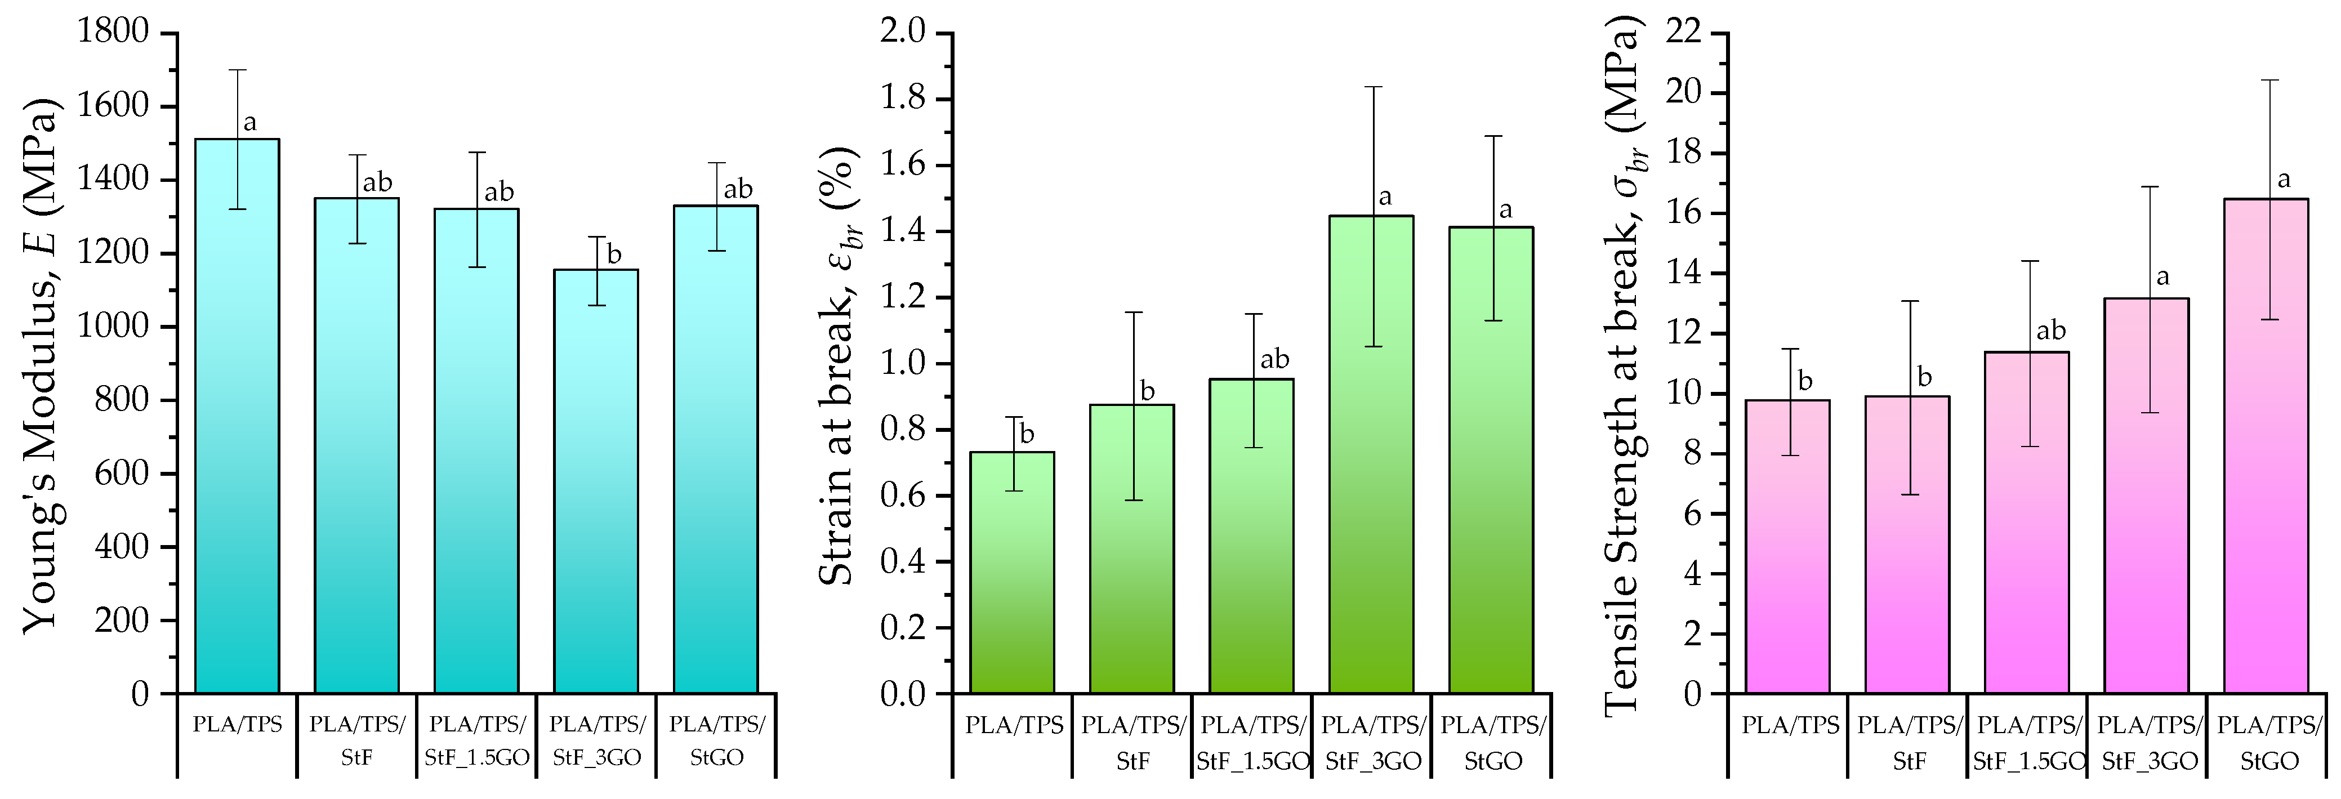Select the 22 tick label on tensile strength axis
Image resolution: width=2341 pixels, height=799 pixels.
tap(1683, 32)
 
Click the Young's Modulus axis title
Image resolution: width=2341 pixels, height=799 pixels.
tap(41, 364)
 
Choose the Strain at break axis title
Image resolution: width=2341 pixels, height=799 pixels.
tap(838, 364)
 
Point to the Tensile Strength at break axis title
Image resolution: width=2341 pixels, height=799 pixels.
tap(1623, 364)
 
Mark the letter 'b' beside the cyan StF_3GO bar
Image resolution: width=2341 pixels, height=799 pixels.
tap(614, 255)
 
